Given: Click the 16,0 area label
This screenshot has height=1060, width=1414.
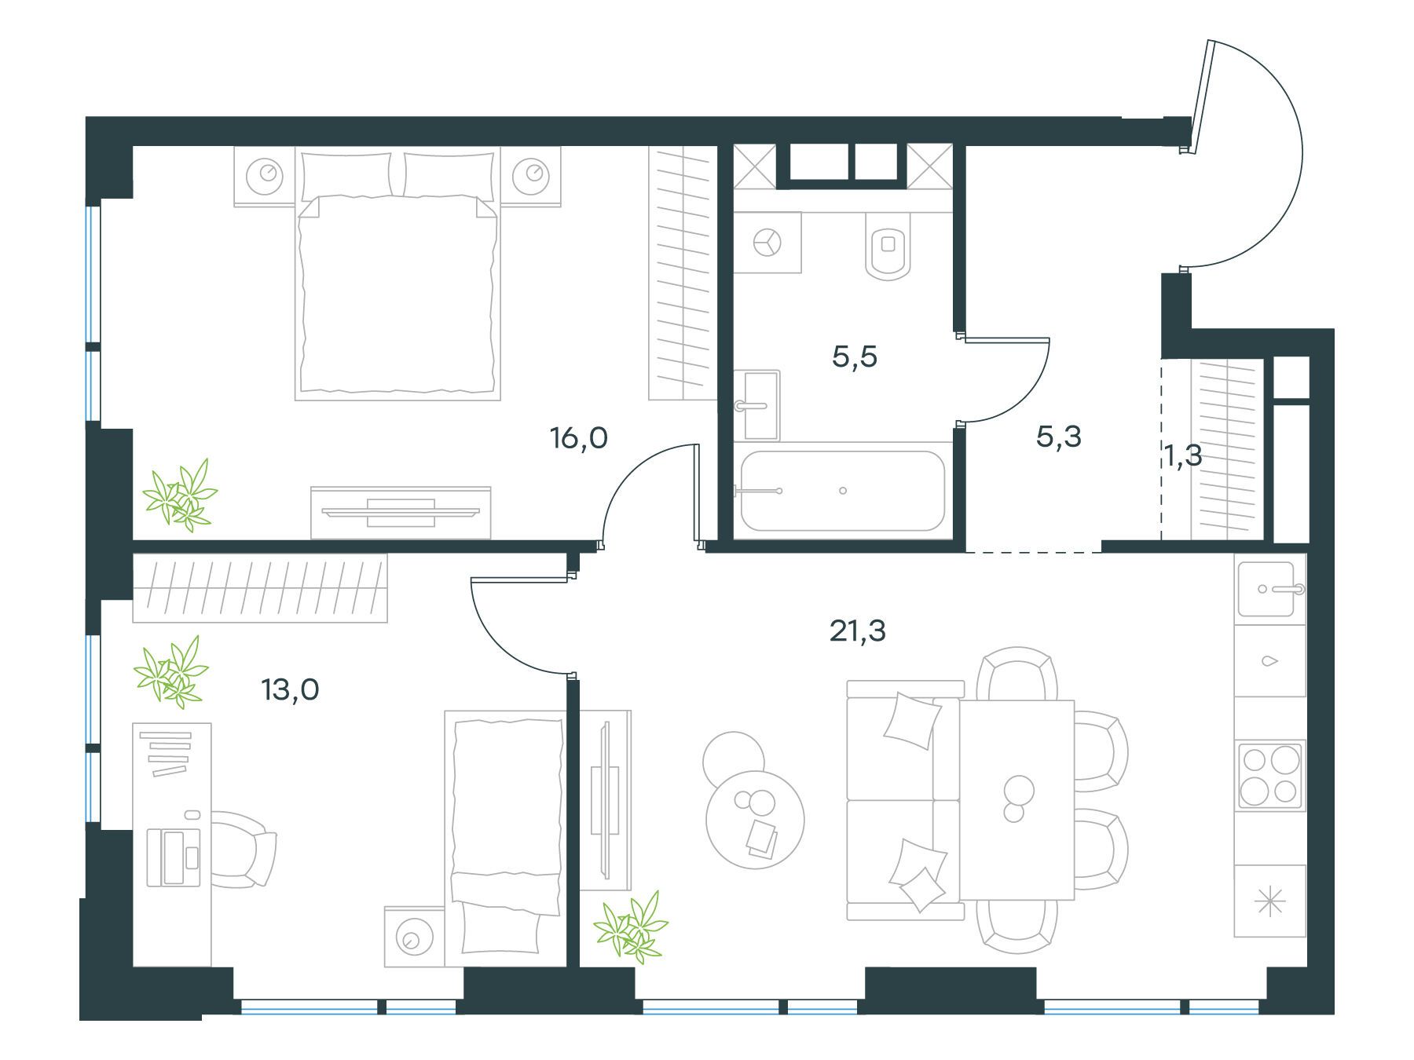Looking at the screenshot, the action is [579, 438].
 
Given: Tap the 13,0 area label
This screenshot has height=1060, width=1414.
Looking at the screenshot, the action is [290, 690].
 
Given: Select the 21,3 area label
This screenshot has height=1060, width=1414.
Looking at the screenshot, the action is [858, 631].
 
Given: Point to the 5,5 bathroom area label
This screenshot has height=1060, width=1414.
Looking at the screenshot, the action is [855, 357].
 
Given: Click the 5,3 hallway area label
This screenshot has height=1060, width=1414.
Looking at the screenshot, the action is [1059, 437].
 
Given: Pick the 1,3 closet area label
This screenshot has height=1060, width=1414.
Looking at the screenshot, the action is [1183, 455].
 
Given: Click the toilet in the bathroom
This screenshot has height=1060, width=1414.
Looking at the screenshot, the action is [888, 246].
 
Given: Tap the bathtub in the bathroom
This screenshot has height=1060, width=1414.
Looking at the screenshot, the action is [843, 491].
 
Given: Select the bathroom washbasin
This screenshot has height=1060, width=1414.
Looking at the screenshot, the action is [760, 405].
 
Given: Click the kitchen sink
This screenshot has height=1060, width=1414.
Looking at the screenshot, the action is [1266, 589].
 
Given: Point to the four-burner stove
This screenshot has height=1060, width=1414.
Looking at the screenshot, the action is [1270, 775].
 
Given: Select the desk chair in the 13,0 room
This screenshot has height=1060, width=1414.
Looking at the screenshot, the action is [244, 850].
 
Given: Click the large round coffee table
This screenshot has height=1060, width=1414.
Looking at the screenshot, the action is [755, 818].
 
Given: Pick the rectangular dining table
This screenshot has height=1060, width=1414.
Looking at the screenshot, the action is [1017, 799].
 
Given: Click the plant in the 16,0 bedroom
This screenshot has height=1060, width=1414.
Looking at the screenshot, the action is [181, 495].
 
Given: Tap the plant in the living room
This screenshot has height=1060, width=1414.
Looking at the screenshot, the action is [631, 927].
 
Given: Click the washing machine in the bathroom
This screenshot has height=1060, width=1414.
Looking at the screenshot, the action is [767, 242].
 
